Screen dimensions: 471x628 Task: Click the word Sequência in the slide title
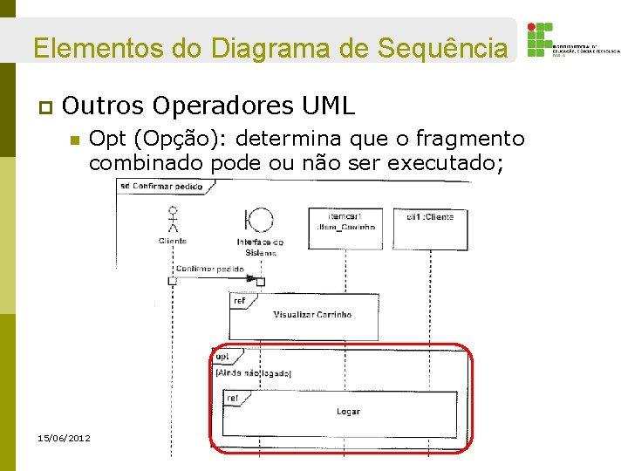tap(441, 47)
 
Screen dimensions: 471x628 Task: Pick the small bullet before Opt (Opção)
tap(75, 140)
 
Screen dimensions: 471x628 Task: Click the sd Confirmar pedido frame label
tap(161, 187)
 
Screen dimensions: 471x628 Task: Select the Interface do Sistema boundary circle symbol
tap(259, 218)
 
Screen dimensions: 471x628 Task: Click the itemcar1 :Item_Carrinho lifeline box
tap(345, 221)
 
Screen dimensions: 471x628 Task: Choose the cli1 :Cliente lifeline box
tap(430, 216)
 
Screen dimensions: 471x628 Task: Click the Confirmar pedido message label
tap(209, 269)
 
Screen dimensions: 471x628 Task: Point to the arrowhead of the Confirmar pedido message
tap(261, 281)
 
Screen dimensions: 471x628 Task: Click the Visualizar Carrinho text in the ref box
tap(311, 314)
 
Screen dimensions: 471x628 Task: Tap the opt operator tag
tap(222, 357)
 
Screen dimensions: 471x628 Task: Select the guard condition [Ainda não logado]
tap(253, 372)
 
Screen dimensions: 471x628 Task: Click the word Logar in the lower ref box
tap(347, 411)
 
